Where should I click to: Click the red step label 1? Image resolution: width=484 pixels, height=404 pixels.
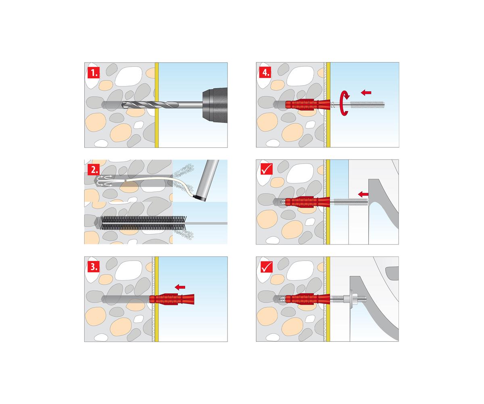tap(94, 73)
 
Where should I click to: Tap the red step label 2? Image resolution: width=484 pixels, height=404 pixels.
tap(94, 170)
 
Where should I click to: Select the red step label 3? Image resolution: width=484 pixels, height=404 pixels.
tap(94, 267)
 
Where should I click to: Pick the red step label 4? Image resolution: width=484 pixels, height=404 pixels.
tap(265, 73)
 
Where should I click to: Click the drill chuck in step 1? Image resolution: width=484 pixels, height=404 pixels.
tap(215, 105)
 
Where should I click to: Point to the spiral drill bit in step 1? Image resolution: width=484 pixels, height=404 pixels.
tap(162, 105)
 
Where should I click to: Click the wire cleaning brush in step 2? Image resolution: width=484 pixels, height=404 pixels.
tap(144, 223)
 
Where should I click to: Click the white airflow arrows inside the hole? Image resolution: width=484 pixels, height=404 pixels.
tap(105, 181)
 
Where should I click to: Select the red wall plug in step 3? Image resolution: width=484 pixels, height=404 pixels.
tap(172, 299)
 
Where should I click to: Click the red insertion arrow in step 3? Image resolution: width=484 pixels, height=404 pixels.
tap(180, 287)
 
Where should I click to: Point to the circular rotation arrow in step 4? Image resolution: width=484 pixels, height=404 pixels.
tap(344, 103)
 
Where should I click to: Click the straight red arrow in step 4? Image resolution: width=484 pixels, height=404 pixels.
tap(366, 93)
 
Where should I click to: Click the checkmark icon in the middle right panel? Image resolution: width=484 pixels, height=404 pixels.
tap(267, 170)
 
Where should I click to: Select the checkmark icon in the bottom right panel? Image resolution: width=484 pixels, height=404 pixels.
tap(267, 267)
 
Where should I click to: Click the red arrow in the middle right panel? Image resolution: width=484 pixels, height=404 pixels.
tap(363, 194)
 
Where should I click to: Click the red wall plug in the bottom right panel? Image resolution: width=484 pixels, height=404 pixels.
tap(307, 299)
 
